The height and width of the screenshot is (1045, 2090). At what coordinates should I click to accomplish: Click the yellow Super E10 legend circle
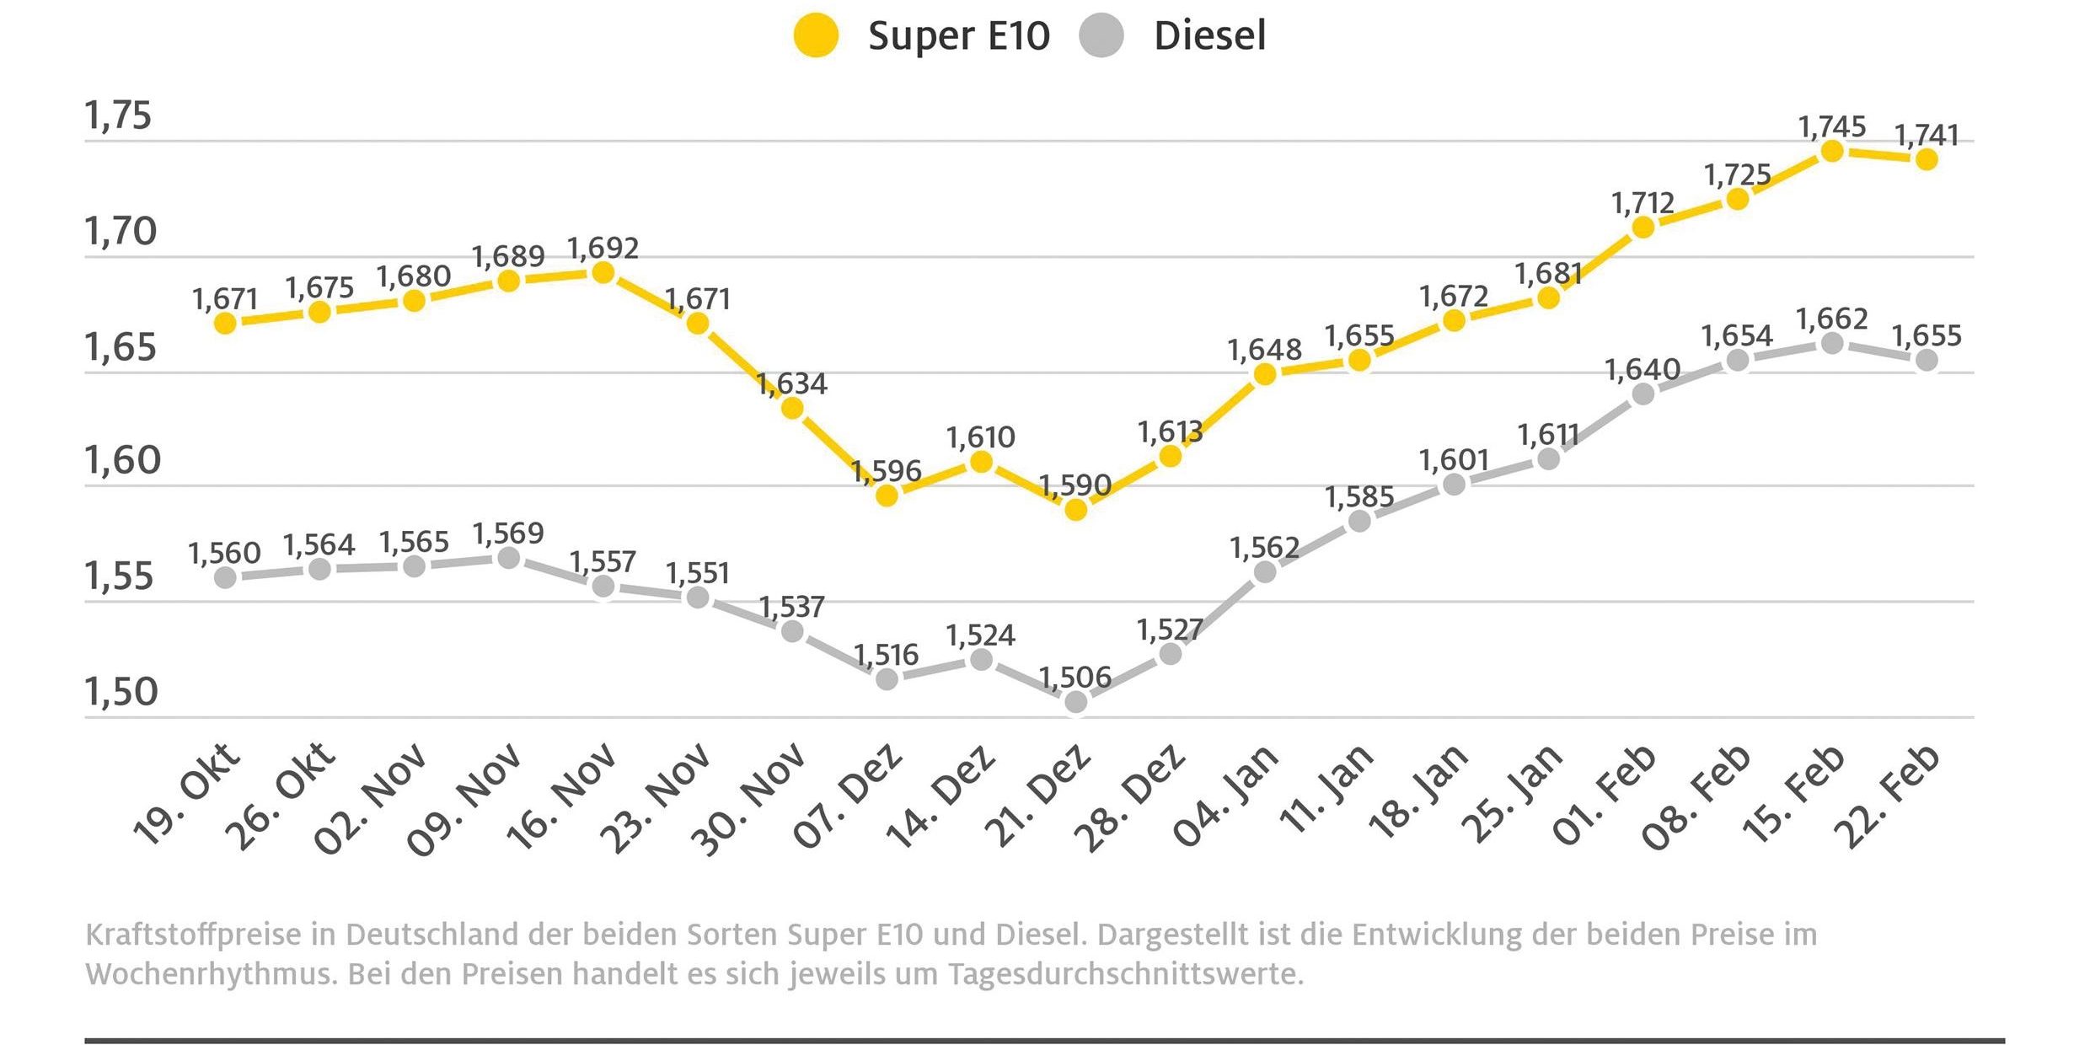(816, 36)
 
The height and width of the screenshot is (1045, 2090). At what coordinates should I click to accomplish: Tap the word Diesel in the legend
(1209, 36)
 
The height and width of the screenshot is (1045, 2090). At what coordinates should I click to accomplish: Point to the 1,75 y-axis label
(118, 115)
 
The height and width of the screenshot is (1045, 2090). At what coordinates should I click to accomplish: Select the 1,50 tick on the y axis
(121, 692)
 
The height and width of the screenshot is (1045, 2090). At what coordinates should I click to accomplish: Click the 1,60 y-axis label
(122, 461)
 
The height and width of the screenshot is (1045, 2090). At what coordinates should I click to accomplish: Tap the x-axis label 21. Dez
(1038, 796)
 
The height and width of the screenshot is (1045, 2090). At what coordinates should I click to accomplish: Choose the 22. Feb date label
(1889, 796)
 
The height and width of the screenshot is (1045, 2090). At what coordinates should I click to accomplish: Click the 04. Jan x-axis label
(1226, 796)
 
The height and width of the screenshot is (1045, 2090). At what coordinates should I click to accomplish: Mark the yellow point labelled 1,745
(1832, 152)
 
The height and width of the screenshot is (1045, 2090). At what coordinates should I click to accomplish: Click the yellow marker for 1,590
(1075, 509)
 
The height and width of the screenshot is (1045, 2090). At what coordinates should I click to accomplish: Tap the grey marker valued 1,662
(1832, 343)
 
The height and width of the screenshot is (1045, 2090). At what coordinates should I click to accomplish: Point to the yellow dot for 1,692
(603, 272)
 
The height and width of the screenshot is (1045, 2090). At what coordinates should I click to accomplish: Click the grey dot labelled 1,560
(225, 577)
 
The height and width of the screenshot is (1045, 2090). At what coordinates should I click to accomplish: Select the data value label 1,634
(792, 384)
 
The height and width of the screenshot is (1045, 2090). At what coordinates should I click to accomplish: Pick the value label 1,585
(1358, 497)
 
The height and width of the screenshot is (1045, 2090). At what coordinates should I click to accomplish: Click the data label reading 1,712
(1643, 203)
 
